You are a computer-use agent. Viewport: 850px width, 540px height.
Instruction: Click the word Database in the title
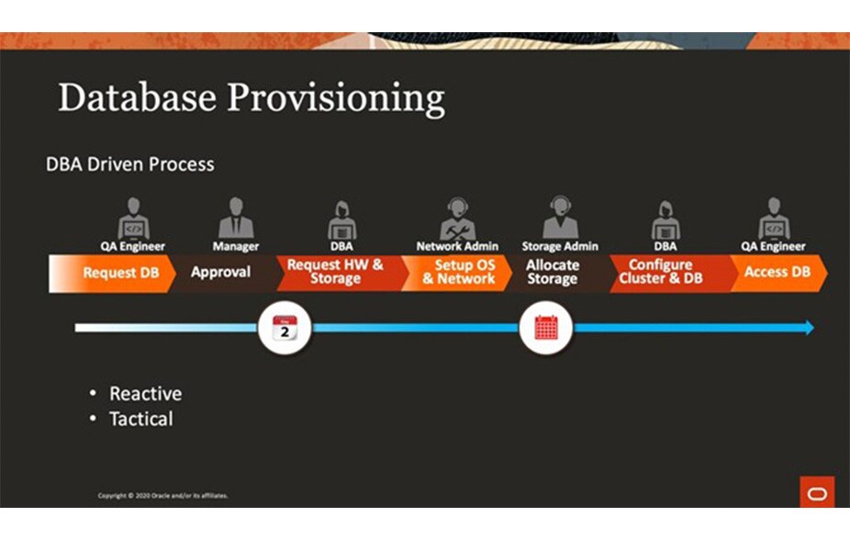coord(136,97)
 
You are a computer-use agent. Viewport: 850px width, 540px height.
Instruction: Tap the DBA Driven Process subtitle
coord(130,164)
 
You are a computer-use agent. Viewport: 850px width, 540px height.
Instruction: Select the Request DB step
coord(119,273)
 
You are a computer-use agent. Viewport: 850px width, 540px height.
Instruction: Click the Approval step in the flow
coord(221,273)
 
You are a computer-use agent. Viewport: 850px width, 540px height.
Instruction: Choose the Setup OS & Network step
coord(458,272)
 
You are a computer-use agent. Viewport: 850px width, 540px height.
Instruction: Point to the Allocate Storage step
coord(553,272)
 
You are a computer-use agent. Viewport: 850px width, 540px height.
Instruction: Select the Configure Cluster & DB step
coord(661,272)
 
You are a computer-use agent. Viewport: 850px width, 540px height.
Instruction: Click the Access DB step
coord(777,272)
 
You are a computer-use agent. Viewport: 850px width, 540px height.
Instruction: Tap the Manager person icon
coord(236,218)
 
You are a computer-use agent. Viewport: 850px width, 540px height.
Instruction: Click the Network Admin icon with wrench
coord(457,218)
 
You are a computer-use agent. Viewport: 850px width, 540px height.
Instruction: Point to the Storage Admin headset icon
coord(560,218)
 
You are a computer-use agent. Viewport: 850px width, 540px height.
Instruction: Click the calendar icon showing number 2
coord(285,328)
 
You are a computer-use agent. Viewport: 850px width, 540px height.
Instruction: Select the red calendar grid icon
coord(546,328)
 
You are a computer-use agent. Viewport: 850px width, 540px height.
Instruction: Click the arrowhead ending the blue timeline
coord(808,328)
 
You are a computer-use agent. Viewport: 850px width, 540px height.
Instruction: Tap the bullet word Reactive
coord(145,394)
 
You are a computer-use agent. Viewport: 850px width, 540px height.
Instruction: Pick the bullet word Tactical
coord(140,420)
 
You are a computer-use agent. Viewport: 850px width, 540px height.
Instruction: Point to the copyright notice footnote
coord(163,496)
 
